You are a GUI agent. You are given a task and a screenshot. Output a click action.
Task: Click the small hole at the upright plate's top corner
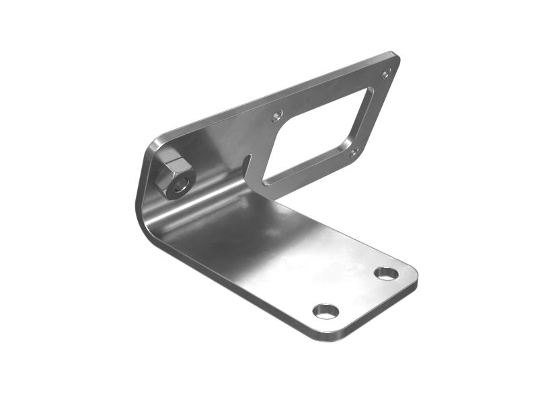[386, 73]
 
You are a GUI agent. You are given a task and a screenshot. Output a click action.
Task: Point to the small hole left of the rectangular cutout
[276, 117]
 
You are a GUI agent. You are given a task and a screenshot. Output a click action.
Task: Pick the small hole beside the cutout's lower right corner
[354, 151]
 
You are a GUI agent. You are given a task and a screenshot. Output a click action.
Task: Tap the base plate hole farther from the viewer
[386, 273]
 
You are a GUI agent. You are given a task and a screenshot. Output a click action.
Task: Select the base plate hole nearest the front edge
[325, 310]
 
